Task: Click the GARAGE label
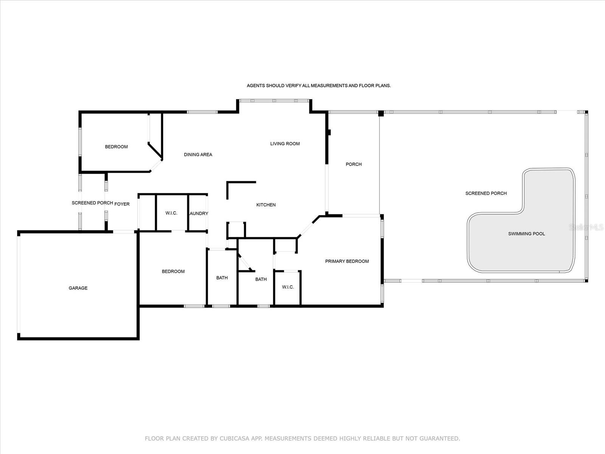click(78, 288)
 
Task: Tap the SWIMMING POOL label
click(526, 234)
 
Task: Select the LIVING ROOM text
click(285, 144)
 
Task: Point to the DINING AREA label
click(198, 155)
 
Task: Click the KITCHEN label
click(266, 205)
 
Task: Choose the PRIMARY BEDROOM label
click(347, 261)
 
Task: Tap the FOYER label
click(122, 204)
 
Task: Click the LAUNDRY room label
click(199, 213)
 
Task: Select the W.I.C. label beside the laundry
click(171, 213)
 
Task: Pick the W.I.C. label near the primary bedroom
click(288, 287)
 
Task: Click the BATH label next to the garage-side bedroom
click(222, 278)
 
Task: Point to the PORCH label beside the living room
click(354, 164)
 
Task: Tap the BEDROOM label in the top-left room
click(116, 147)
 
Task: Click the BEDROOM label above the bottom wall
click(173, 272)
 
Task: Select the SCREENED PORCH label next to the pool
click(486, 193)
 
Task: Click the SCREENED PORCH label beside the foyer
click(92, 203)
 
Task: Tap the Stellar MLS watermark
click(586, 227)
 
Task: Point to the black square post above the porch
click(381, 113)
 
